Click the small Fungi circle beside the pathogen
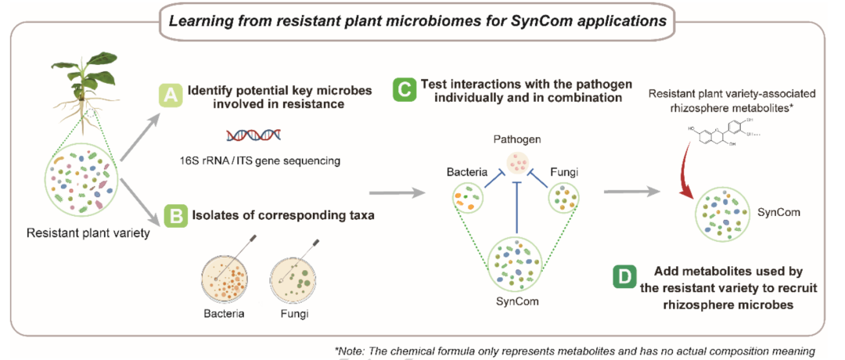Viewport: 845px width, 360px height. [564, 200]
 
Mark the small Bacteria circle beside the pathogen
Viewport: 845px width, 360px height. [467, 200]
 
